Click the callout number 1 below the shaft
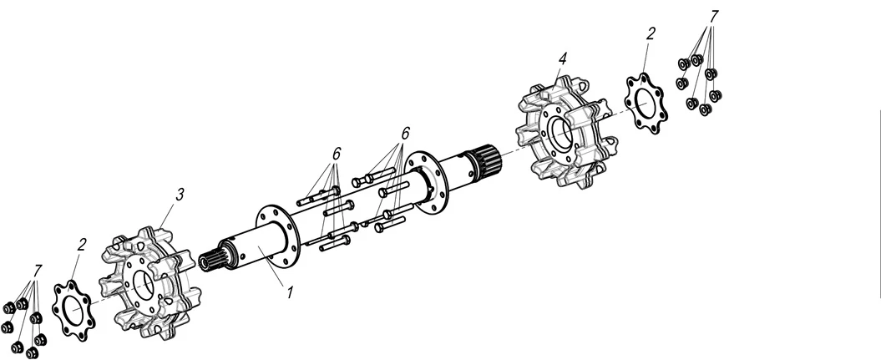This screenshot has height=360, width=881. coord(290,292)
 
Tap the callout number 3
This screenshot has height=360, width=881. coord(180,195)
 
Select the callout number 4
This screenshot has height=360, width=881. coord(563,58)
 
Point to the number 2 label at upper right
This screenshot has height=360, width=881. coord(651,33)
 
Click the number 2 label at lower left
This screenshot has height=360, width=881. coord(82,244)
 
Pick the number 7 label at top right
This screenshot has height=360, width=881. coord(714,17)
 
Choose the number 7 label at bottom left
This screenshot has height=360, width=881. coord(38,271)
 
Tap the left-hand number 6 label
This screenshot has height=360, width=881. coord(336,154)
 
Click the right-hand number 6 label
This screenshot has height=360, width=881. coord(405,133)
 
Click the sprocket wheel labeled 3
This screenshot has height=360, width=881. coord(151,282)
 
